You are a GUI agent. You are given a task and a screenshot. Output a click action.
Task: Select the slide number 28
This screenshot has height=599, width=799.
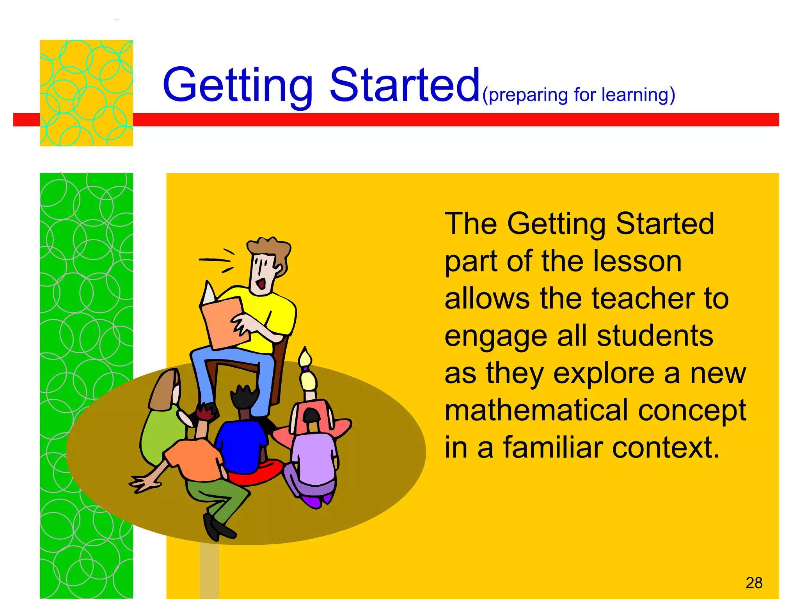pos(754,583)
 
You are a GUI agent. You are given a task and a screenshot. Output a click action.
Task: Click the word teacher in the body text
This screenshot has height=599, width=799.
pos(643,299)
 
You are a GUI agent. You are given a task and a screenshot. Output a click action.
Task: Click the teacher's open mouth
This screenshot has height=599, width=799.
pos(261,283)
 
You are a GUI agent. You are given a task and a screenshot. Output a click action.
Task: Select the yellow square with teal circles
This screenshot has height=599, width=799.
pos(86,93)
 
